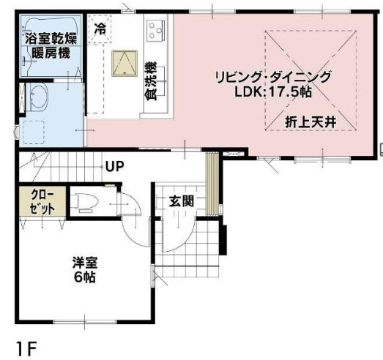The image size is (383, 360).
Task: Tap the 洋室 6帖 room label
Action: click(86, 270)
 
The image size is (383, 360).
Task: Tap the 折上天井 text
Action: click(311, 123)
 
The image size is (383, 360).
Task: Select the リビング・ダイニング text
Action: click(273, 77)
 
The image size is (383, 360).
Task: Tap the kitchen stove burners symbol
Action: click(155, 31)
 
